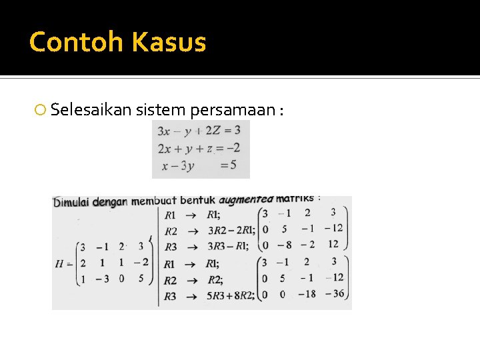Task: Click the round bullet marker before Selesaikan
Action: [x=41, y=110]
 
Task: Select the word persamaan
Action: [x=233, y=109]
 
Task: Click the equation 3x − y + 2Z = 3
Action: [x=199, y=131]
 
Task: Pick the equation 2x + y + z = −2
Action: [x=199, y=148]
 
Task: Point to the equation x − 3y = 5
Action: [x=199, y=165]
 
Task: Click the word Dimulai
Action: [x=71, y=201]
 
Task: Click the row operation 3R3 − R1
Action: [x=227, y=247]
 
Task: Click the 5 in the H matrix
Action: [x=141, y=278]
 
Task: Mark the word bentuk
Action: [x=198, y=200]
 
